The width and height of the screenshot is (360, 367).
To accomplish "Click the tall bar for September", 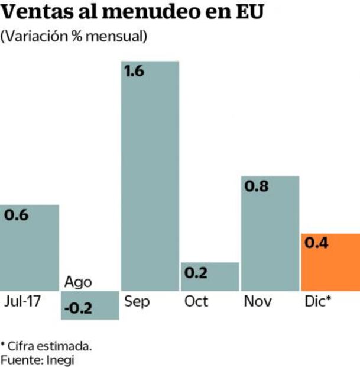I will tap(150, 178).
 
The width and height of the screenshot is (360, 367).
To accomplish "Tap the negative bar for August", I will tap(90, 305).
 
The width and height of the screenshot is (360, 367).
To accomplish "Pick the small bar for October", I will tap(210, 276).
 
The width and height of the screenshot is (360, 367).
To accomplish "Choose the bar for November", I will tap(270, 233).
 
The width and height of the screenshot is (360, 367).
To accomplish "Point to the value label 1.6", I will tap(135, 72).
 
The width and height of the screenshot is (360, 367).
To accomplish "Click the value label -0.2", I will tap(77, 308).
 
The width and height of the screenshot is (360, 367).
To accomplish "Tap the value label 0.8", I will tap(257, 187).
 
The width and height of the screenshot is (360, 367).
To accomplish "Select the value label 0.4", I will tap(317, 243).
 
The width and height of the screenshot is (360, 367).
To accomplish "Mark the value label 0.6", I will tap(17, 215).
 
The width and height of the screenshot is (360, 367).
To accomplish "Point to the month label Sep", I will tap(137, 301).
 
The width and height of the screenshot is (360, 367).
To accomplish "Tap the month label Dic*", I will tap(317, 301).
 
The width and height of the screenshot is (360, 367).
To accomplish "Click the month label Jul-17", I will tap(22, 301).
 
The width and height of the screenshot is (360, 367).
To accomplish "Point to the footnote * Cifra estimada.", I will tap(46, 345).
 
